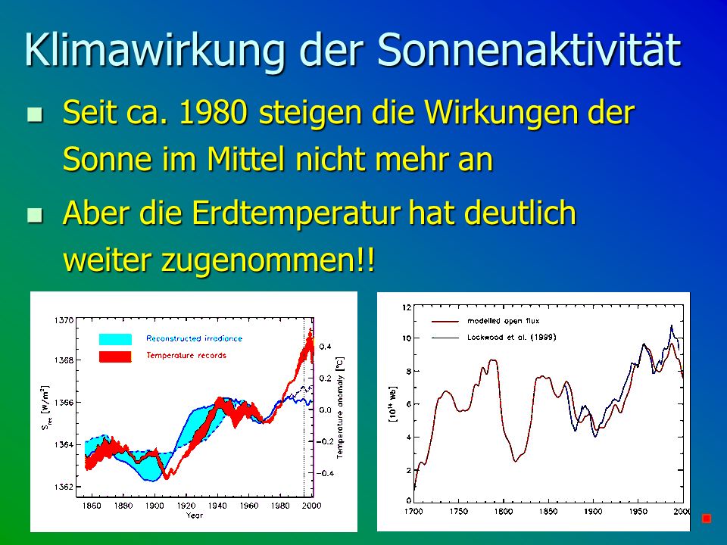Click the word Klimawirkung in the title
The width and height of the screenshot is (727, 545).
click(x=154, y=51)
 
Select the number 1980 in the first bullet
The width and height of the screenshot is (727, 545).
click(x=213, y=112)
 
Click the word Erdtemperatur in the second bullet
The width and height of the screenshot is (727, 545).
click(x=296, y=213)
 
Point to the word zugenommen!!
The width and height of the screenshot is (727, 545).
click(x=267, y=260)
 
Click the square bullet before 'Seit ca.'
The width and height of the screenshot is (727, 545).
click(x=35, y=114)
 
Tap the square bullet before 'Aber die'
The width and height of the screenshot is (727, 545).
click(x=35, y=215)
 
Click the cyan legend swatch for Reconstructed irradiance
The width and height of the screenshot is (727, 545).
click(x=115, y=339)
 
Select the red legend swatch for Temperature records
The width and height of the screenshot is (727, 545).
click(x=115, y=357)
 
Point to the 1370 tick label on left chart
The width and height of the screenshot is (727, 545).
click(x=64, y=320)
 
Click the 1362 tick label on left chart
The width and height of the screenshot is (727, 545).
click(x=64, y=487)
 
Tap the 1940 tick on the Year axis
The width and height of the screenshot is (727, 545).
click(x=217, y=506)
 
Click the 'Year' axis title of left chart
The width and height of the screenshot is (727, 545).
click(x=195, y=515)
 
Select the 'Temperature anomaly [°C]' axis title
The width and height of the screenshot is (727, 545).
click(x=340, y=407)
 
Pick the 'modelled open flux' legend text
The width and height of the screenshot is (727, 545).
click(x=503, y=321)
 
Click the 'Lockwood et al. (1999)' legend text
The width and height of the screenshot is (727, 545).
click(x=511, y=337)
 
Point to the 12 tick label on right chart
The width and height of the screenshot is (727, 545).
click(x=407, y=307)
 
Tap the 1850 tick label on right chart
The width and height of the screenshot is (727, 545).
click(x=548, y=511)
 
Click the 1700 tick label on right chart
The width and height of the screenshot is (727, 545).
click(x=413, y=511)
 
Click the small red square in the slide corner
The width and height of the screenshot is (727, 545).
click(x=707, y=518)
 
